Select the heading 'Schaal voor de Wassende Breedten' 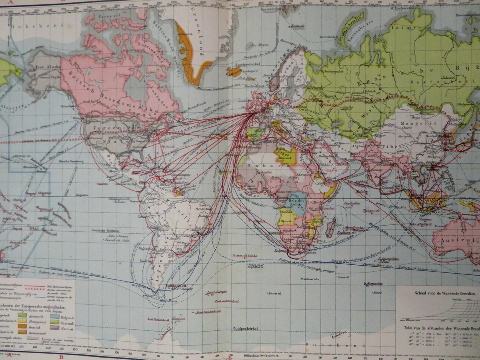click(439, 293)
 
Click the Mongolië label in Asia click(404, 124)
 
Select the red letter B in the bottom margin click(61, 357)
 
